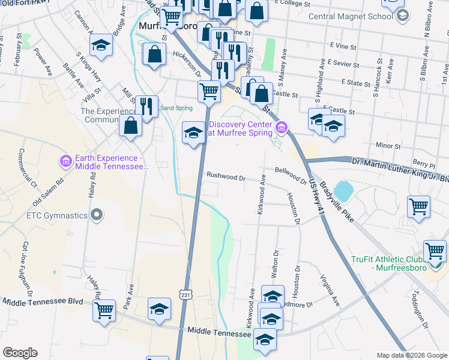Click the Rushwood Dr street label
pyautogui.click(x=226, y=177)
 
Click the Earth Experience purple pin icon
pyautogui.click(x=66, y=161)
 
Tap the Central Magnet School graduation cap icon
pyautogui.click(x=402, y=16)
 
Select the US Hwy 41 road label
pyautogui.click(x=318, y=205)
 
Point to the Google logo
pyautogui.click(x=20, y=352)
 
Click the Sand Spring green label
pyautogui.click(x=175, y=109)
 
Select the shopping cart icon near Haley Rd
pyautogui.click(x=104, y=311)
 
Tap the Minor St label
pyautogui.click(x=388, y=146)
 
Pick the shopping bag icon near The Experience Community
pyautogui.click(x=130, y=126)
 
